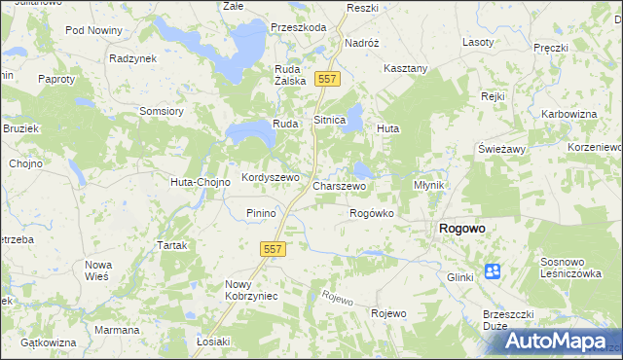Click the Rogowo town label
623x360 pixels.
[x=462, y=229]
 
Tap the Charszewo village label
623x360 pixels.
[x=339, y=185]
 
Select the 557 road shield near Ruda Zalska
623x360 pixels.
[x=328, y=79]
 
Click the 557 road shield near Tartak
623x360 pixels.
[x=273, y=250]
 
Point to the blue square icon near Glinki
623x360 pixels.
[x=493, y=271]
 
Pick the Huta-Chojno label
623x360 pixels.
[x=200, y=182]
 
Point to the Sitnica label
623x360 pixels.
[x=329, y=120]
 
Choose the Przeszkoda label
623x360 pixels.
[x=299, y=28]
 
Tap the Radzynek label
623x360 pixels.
[x=133, y=58]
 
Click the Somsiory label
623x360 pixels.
[x=162, y=111]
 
